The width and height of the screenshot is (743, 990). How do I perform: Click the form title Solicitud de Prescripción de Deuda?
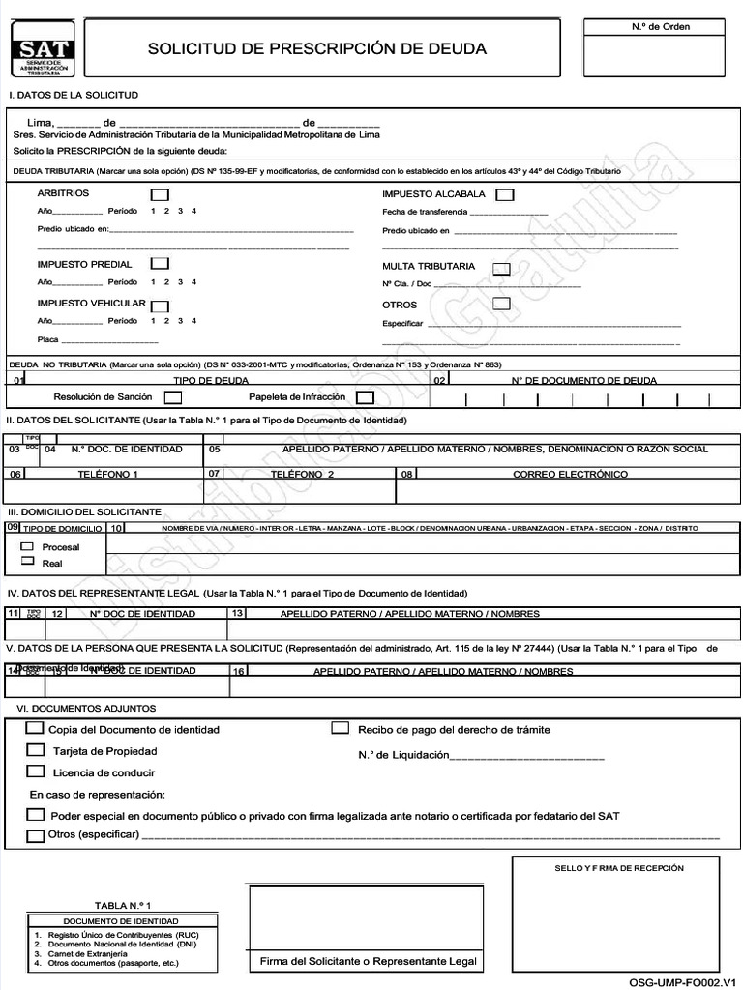point(316,48)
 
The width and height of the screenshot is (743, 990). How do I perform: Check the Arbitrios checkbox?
point(159,195)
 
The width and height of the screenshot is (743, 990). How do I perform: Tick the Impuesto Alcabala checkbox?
point(504,195)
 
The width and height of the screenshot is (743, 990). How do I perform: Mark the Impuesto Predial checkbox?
point(160,264)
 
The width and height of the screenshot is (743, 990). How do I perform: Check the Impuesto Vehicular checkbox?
point(160,306)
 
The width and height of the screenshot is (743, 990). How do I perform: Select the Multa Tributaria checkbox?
point(501,269)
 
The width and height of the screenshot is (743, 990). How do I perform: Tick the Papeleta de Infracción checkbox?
point(365,397)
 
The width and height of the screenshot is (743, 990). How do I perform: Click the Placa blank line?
point(109,342)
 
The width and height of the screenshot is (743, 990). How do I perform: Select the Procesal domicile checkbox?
point(27,546)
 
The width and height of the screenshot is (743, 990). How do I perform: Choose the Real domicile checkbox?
point(27,561)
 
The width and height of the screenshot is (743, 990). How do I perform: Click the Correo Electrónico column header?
point(570,474)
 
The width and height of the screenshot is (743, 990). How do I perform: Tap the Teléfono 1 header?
point(107,474)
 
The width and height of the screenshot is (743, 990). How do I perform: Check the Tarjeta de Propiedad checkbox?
point(36,750)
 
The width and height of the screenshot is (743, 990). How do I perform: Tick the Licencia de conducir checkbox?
point(36,772)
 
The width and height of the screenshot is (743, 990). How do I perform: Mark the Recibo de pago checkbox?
point(341,728)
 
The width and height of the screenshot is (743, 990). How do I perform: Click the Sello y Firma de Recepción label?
point(618,868)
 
